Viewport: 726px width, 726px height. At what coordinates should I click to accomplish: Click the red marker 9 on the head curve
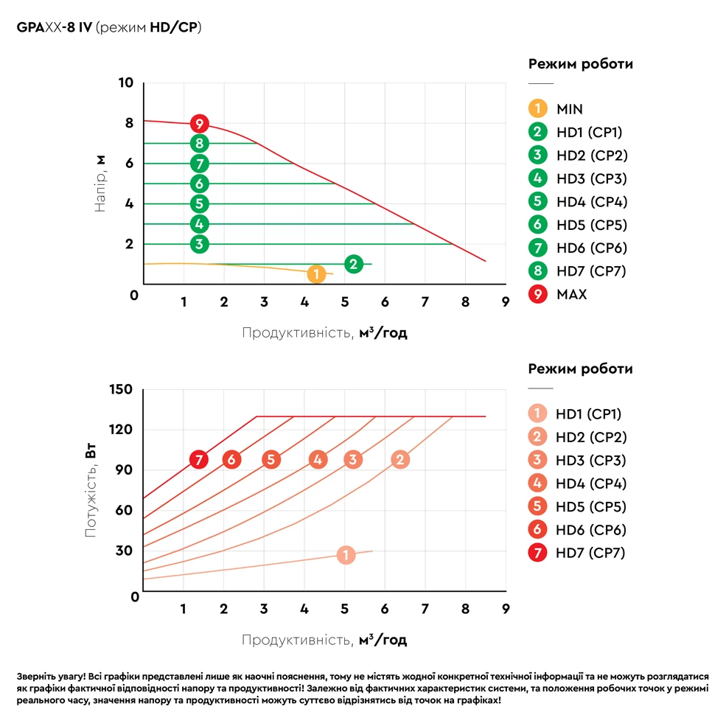click(199, 123)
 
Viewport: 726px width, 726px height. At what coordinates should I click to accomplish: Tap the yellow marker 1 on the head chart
click(315, 274)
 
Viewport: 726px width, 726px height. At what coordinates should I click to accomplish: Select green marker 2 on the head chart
click(353, 264)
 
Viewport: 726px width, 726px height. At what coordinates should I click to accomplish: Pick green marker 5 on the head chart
click(199, 203)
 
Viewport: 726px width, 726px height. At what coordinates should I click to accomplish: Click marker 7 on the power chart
click(198, 460)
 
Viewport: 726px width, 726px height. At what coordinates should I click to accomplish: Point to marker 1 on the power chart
click(346, 555)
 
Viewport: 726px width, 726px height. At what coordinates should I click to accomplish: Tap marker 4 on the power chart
click(318, 460)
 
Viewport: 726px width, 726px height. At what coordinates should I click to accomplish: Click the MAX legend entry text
click(572, 294)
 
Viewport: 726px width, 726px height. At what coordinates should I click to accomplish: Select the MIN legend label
click(570, 109)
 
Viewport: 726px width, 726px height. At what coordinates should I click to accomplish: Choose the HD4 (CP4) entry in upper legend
click(592, 201)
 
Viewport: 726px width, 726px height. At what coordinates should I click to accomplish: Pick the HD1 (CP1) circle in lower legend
click(538, 413)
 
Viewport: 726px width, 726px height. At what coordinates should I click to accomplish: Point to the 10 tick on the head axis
click(125, 83)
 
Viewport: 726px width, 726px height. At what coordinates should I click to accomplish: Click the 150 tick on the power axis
click(121, 389)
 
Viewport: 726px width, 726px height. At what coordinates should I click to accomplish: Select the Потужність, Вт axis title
click(91, 491)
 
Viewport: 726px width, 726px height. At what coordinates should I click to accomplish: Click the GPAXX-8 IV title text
click(55, 27)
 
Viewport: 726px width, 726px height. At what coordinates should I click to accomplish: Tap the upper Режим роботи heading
click(581, 64)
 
